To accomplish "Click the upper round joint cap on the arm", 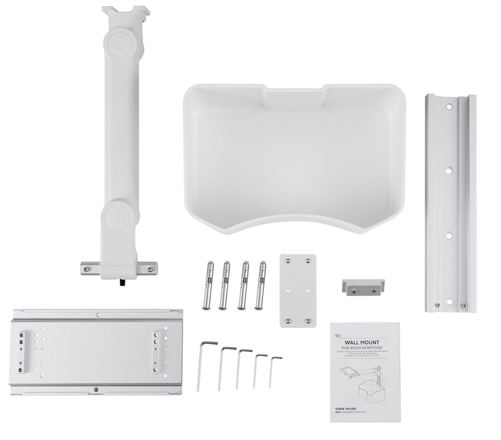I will coord(120,42).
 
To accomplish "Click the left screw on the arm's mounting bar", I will coord(84,268).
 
